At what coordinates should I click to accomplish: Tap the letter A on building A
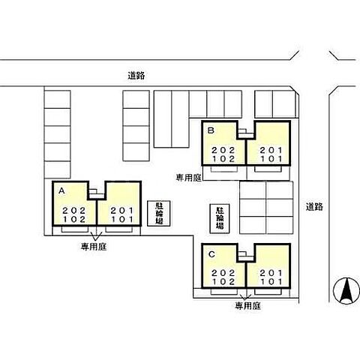(x=61, y=191)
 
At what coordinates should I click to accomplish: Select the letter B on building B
(x=211, y=130)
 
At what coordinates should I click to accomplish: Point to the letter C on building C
(x=212, y=253)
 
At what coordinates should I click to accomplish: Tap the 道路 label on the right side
(x=314, y=206)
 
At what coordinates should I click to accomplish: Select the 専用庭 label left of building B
(x=188, y=178)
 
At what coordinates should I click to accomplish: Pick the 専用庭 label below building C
(x=247, y=306)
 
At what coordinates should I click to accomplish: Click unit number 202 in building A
(x=73, y=209)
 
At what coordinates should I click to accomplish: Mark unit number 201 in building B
(x=270, y=149)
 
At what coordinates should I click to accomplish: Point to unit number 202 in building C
(x=223, y=272)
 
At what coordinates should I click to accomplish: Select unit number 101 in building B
(x=270, y=158)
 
